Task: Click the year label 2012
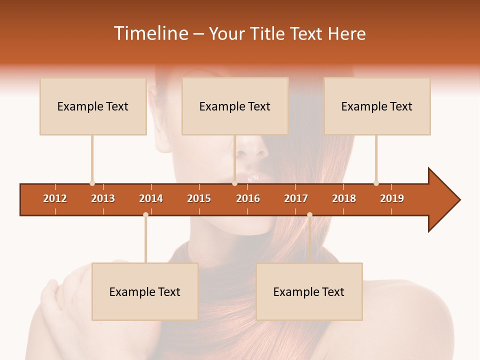pos(55,198)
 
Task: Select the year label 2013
pos(103,198)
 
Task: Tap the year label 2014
pos(151,198)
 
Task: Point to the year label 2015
pos(199,198)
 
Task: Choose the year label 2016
pos(248,198)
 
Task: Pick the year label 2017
pos(296,198)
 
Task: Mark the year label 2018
pos(344,198)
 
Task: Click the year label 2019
pos(392,198)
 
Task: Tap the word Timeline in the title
pos(149,33)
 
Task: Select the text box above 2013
pos(93,106)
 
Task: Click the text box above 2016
pos(235,106)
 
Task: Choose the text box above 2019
pos(377,106)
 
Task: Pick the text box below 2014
pos(145,291)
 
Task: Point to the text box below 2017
pos(309,291)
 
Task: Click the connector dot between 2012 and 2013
pos(92,183)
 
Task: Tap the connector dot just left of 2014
pos(145,214)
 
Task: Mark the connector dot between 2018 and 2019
pos(376,183)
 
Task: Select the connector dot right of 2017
pos(309,214)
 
